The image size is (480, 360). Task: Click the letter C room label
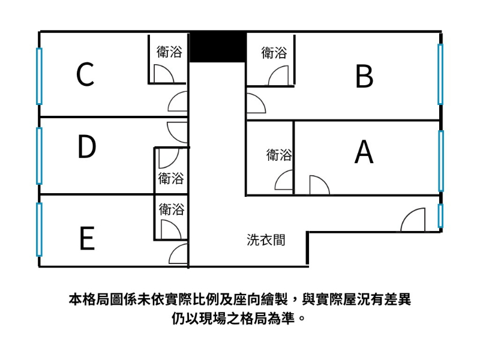[85, 75]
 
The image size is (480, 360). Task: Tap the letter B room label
[364, 76]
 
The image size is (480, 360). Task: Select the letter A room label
[364, 152]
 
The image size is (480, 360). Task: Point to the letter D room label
[86, 148]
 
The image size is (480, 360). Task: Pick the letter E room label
[87, 239]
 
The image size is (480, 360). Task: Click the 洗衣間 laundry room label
[266, 241]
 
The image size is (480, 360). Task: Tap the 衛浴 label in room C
[169, 52]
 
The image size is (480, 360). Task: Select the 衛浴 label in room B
[274, 53]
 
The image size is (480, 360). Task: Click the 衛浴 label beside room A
[279, 155]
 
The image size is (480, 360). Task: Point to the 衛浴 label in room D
[171, 178]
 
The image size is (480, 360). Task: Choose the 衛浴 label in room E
[172, 210]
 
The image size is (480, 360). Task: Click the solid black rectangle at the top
[218, 46]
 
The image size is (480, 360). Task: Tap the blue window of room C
[40, 76]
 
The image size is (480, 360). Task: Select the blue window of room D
[40, 155]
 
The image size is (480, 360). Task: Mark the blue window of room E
[40, 229]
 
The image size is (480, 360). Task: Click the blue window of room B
[440, 73]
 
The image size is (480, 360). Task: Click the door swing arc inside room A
[319, 185]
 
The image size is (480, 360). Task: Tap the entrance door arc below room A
[413, 220]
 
